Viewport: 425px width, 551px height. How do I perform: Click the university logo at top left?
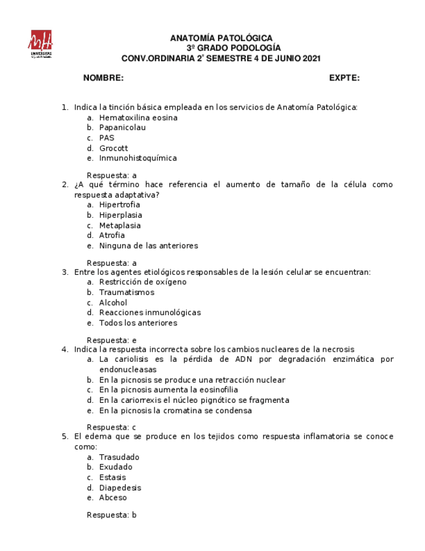pyautogui.click(x=40, y=44)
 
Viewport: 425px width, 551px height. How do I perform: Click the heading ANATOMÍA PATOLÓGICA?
pyautogui.click(x=221, y=38)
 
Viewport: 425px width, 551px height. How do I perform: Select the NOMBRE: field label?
pyautogui.click(x=103, y=78)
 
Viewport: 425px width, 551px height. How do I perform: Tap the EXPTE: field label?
pyautogui.click(x=344, y=78)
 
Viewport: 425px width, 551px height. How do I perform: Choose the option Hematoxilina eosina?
pyautogui.click(x=138, y=118)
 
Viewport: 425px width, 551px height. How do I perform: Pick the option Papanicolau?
pyautogui.click(x=123, y=128)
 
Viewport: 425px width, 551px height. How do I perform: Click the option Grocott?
pyautogui.click(x=114, y=148)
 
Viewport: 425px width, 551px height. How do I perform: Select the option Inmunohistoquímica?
pyautogui.click(x=138, y=158)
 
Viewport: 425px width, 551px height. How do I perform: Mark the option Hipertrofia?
pyautogui.click(x=119, y=205)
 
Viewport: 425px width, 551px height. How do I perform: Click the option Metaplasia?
pyautogui.click(x=120, y=225)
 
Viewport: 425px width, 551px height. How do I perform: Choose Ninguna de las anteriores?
pyautogui.click(x=149, y=246)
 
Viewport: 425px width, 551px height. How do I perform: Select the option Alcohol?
pyautogui.click(x=114, y=303)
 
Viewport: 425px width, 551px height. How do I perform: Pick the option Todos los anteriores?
pyautogui.click(x=138, y=323)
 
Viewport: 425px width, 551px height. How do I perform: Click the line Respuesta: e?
pyautogui.click(x=112, y=340)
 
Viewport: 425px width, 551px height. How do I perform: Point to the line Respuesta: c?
pyautogui.click(x=112, y=427)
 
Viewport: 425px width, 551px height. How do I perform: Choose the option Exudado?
pyautogui.click(x=115, y=467)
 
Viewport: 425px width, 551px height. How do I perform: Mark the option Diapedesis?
pyautogui.click(x=120, y=488)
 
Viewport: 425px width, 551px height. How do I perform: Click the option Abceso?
pyautogui.click(x=113, y=498)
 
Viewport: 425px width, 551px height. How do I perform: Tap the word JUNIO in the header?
pyautogui.click(x=282, y=58)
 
